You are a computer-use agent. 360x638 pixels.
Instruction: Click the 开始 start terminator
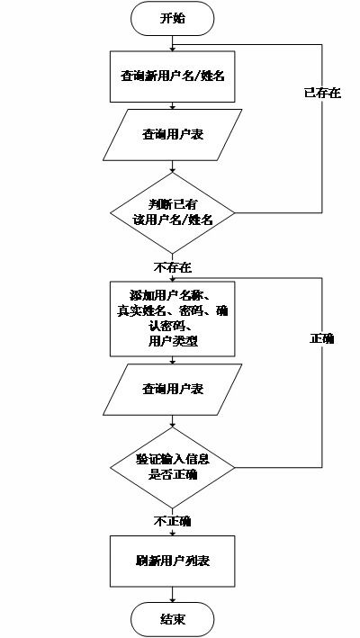(x=172, y=18)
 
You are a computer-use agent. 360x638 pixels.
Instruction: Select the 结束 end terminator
(x=172, y=619)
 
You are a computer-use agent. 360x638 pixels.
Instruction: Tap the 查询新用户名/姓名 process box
(x=172, y=76)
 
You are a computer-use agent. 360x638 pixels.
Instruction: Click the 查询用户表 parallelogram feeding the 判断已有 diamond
(x=172, y=135)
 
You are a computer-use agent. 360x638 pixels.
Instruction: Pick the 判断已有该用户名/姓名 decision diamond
(x=172, y=213)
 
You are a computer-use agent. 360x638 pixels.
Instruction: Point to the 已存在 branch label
(x=322, y=93)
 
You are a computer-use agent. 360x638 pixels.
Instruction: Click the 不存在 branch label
(x=173, y=267)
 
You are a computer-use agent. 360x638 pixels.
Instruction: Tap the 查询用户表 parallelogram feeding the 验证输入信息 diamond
(x=172, y=389)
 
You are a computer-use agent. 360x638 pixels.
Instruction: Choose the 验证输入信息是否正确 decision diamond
(x=172, y=467)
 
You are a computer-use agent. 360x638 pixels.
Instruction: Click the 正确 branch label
(x=321, y=338)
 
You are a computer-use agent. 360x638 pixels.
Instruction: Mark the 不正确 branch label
(x=173, y=521)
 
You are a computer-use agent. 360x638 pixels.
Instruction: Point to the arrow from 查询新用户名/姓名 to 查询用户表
(x=172, y=106)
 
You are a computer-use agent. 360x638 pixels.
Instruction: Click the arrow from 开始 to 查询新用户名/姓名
(x=172, y=41)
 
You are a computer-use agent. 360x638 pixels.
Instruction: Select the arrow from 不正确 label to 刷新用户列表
(x=172, y=532)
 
